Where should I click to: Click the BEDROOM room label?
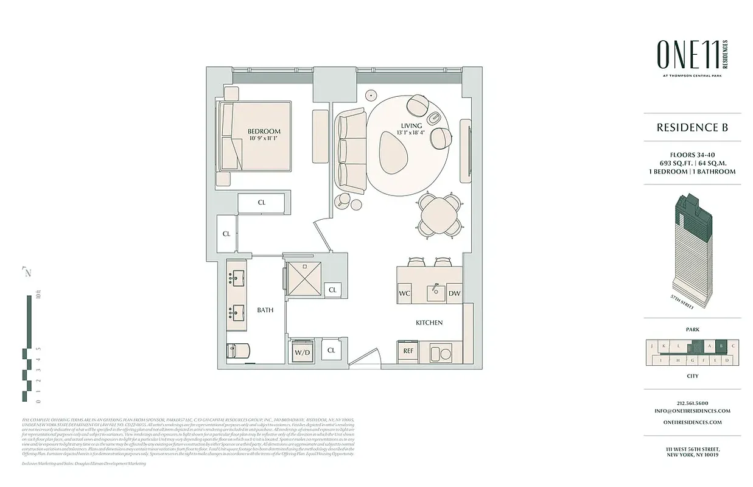tap(264, 131)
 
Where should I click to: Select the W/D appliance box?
tap(303, 352)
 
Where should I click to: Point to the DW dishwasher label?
tap(454, 293)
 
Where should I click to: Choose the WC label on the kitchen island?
tap(405, 293)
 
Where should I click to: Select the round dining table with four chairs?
tap(438, 213)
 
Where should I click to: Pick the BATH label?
tap(265, 310)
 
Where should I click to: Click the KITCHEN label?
tap(429, 323)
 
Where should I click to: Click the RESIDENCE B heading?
tap(692, 128)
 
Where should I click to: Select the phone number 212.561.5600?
tap(692, 403)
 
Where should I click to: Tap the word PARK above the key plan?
tap(692, 329)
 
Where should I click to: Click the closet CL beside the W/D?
tap(332, 351)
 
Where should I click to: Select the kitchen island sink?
tap(435, 292)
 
